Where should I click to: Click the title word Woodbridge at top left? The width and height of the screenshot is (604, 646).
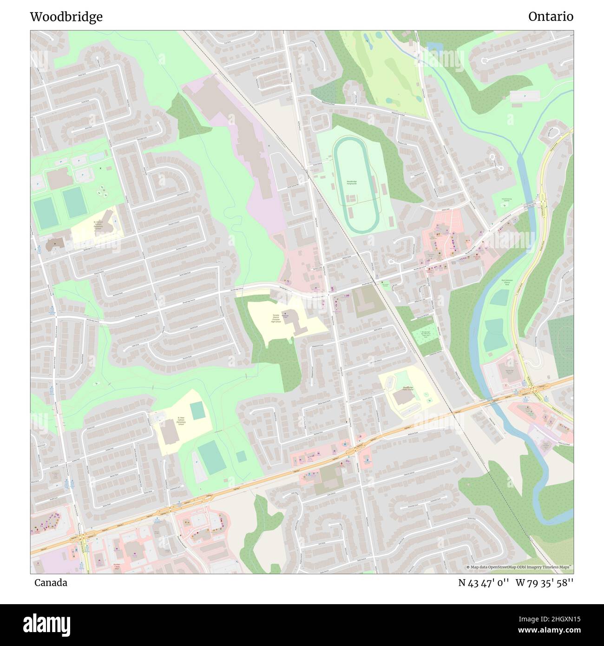66,17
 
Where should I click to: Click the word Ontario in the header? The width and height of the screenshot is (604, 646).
551,17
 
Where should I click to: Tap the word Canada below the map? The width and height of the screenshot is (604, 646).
51,582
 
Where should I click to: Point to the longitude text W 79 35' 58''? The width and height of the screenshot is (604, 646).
545,582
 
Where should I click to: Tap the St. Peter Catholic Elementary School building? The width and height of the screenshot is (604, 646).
171,432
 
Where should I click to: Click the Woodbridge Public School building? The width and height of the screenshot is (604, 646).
402,397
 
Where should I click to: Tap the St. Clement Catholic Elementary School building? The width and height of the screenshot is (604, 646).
108,218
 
